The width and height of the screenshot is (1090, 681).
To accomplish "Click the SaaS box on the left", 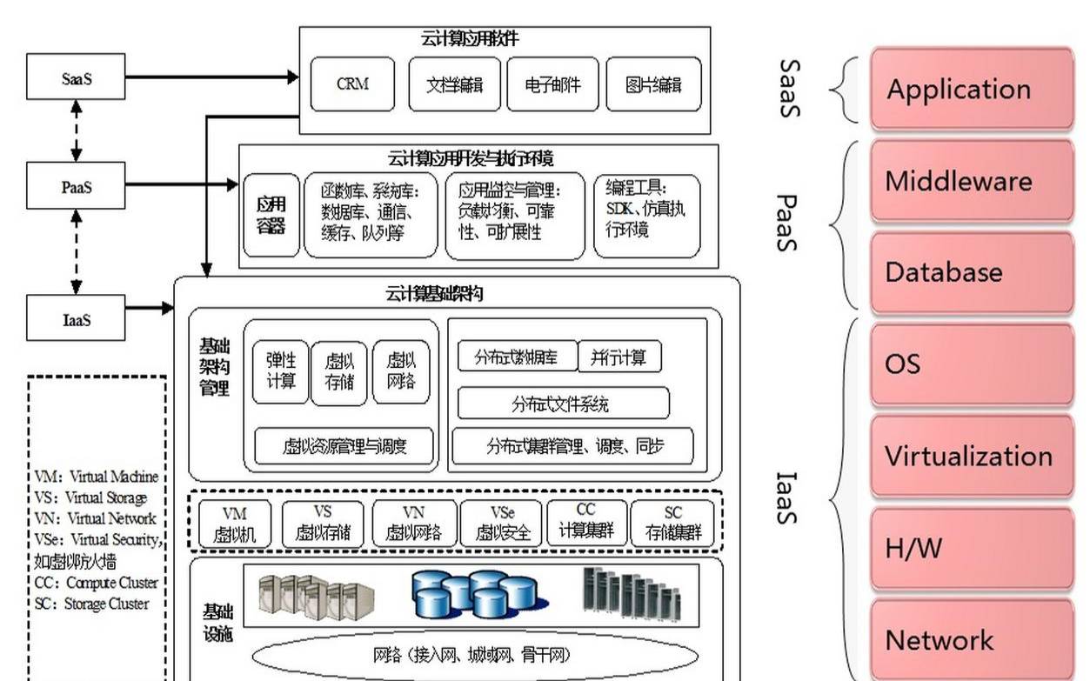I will (76, 77).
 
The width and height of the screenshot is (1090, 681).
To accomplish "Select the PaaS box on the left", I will (76, 184).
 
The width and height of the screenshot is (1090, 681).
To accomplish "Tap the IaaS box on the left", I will (76, 317).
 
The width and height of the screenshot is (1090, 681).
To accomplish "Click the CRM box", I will (352, 84).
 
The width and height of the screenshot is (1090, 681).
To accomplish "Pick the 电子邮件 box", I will (552, 84).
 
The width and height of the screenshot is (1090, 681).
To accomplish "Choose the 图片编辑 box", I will (653, 84).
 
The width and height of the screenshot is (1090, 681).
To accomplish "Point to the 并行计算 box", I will (619, 357).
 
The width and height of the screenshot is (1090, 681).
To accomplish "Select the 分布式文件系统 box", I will (563, 404).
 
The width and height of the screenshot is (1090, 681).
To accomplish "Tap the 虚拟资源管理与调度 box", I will (344, 446).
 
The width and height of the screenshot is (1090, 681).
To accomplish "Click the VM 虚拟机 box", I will (235, 524).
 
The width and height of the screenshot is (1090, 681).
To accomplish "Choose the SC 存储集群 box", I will (672, 524).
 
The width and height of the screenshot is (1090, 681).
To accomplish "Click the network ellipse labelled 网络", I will (474, 654).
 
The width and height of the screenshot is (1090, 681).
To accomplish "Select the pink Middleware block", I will (971, 182).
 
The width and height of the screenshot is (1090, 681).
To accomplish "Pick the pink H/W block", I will (971, 549).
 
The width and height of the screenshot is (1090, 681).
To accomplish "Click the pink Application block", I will (971, 89).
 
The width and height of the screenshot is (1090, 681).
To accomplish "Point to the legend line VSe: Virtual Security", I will (97, 539).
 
